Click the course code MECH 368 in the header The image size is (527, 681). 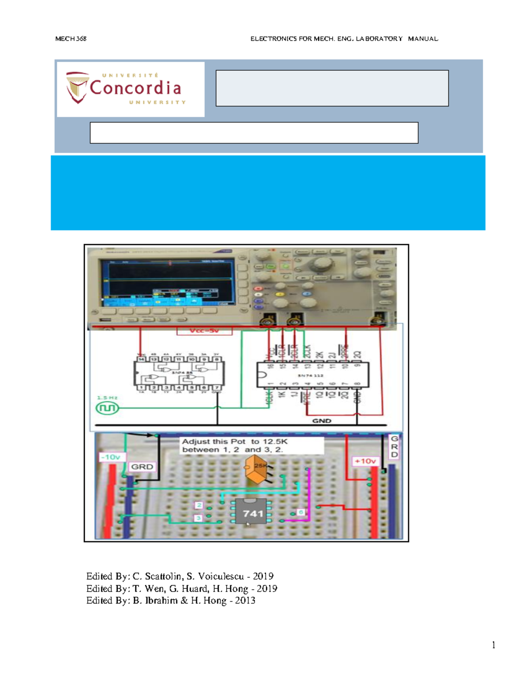(x=71, y=39)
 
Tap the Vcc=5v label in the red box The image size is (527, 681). (x=204, y=331)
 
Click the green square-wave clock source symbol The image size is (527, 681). (x=107, y=408)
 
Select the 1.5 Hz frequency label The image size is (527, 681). (x=107, y=398)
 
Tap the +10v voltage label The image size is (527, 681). (x=365, y=461)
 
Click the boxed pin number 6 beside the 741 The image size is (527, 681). (x=301, y=512)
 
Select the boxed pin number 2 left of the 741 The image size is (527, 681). (x=199, y=506)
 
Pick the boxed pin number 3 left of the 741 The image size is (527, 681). (x=199, y=518)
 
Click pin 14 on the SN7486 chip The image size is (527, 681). (x=141, y=359)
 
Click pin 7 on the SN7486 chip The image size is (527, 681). (x=217, y=387)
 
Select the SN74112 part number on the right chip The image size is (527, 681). (x=310, y=375)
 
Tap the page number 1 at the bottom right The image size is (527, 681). (x=494, y=645)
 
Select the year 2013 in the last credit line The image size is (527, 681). (x=245, y=600)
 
